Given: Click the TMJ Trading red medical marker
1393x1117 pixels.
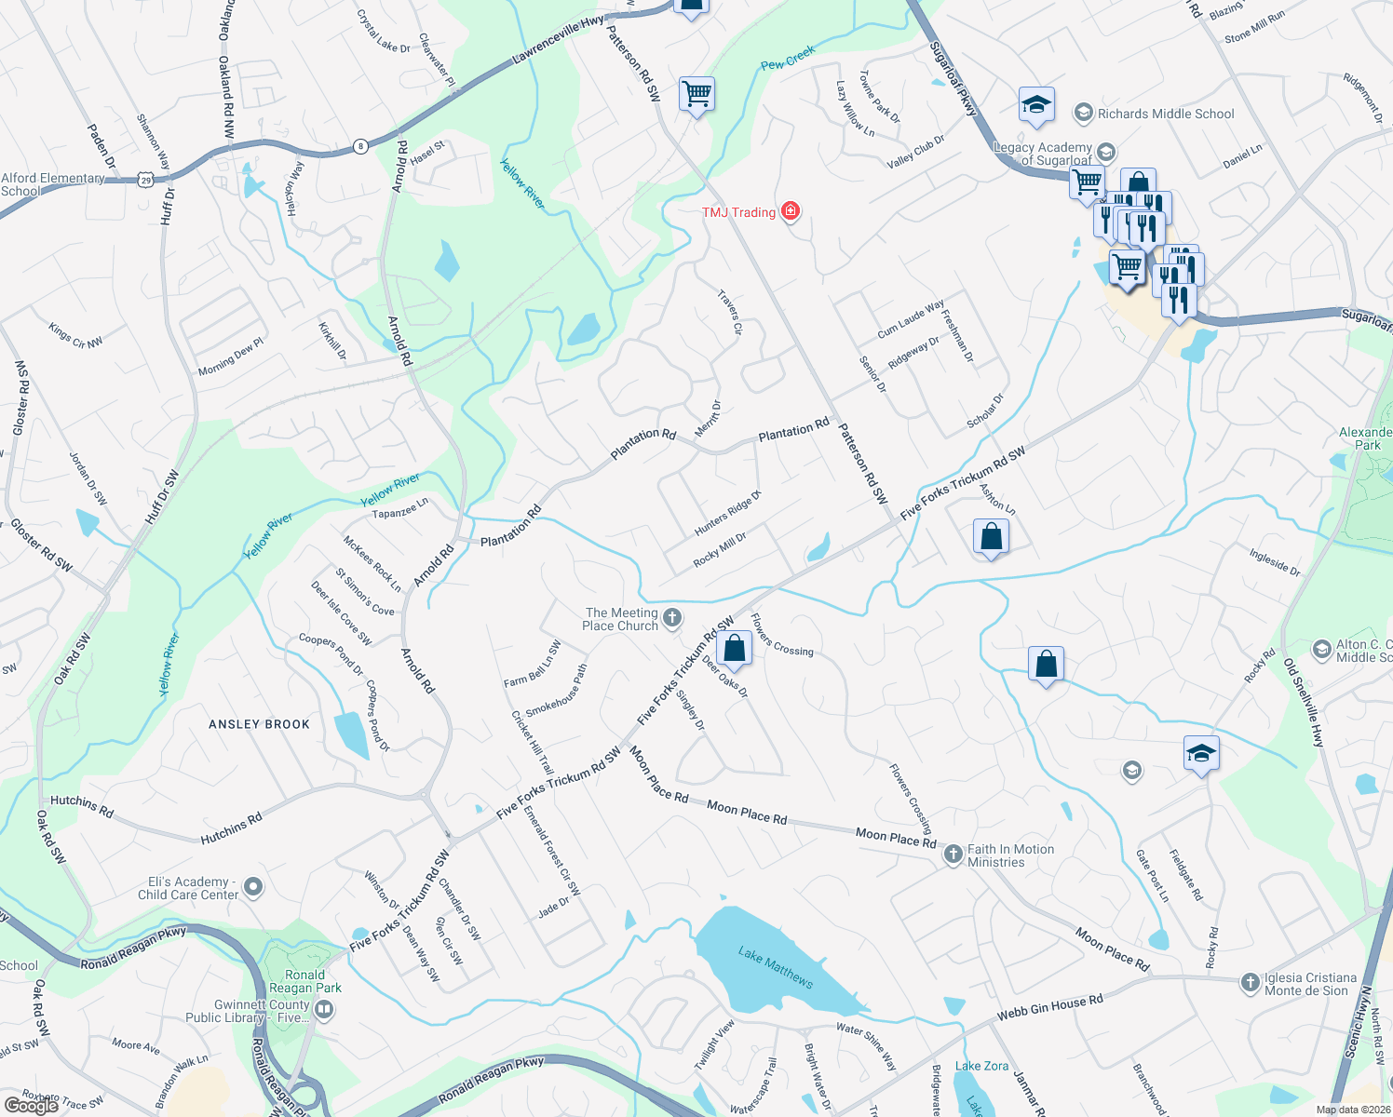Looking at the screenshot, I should pyautogui.click(x=790, y=211).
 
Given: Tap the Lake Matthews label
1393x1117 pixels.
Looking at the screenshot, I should pyautogui.click(x=776, y=967).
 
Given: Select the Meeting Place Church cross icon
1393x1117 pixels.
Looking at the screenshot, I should pyautogui.click(x=672, y=617).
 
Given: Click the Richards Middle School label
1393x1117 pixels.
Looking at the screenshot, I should pyautogui.click(x=1165, y=114).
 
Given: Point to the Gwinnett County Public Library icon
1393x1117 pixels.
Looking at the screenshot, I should pyautogui.click(x=324, y=1008).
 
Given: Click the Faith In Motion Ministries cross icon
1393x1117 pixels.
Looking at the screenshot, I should pyautogui.click(x=953, y=854).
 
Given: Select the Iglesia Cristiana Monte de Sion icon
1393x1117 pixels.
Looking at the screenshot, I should pyautogui.click(x=1250, y=982).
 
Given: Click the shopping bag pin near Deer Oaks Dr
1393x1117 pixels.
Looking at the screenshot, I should pyautogui.click(x=735, y=648).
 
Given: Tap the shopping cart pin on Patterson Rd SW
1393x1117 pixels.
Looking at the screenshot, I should pyautogui.click(x=696, y=93).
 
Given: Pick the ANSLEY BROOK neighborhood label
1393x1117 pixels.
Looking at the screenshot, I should pyautogui.click(x=259, y=724).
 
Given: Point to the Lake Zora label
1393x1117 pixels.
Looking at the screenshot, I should pyautogui.click(x=981, y=1066).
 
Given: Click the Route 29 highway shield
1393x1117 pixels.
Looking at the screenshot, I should pyautogui.click(x=145, y=180).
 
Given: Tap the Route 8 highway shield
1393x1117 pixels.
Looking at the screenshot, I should pyautogui.click(x=360, y=145).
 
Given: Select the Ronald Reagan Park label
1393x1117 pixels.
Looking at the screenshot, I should pyautogui.click(x=304, y=981).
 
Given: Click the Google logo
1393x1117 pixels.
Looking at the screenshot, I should pyautogui.click(x=32, y=1105).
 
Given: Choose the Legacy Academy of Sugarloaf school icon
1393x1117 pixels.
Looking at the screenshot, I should pyautogui.click(x=1105, y=152).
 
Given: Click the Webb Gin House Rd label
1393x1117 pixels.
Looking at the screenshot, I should pyautogui.click(x=1049, y=1006).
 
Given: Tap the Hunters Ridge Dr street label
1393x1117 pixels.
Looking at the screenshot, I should pyautogui.click(x=727, y=513).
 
